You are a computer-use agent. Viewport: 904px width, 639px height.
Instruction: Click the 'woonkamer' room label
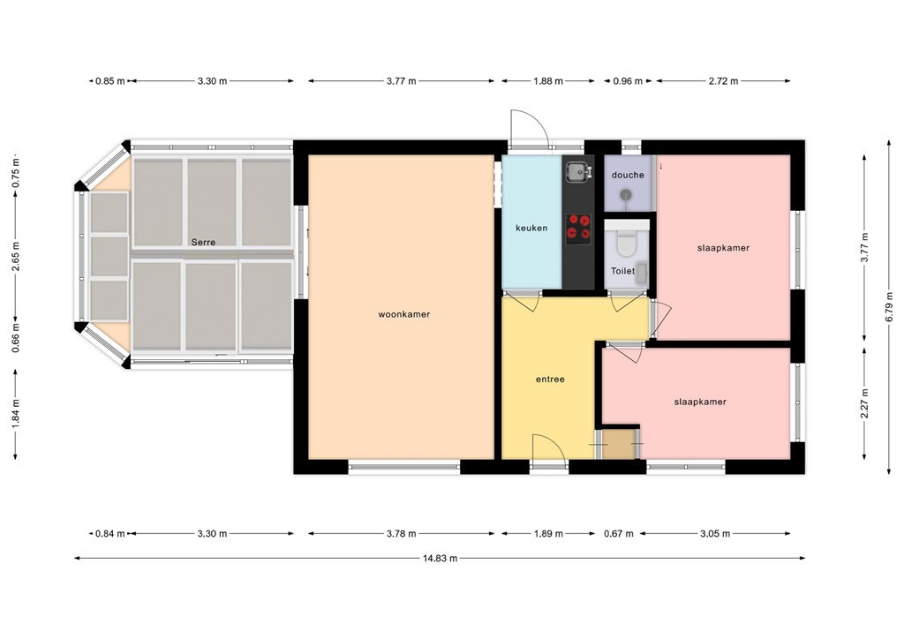pos(403,314)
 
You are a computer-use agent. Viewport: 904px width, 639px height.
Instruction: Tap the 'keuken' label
pos(531,228)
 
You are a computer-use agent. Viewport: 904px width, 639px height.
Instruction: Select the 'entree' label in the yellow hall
pos(549,380)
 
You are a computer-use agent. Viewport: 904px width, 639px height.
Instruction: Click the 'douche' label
pos(628,175)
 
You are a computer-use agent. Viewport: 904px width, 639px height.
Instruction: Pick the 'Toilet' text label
pos(622,271)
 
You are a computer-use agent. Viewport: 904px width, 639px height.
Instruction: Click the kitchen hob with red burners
pos(578,227)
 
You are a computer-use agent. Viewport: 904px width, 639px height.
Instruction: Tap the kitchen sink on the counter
pos(577,171)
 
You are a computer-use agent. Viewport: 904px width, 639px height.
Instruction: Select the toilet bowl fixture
pos(627,240)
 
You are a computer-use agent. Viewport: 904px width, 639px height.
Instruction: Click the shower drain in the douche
pos(627,195)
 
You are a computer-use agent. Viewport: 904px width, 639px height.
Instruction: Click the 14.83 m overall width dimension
pos(439,558)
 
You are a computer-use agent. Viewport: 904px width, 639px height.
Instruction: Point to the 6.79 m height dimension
pos(889,305)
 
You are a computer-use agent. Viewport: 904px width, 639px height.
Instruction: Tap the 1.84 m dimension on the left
pos(15,411)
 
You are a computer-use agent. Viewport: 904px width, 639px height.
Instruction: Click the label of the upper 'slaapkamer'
pos(723,248)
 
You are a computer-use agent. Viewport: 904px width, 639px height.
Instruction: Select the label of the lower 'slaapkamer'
pos(700,402)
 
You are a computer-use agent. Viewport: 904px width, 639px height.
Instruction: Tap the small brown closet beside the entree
pos(620,443)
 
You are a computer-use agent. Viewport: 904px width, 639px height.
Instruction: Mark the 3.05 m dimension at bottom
pos(715,534)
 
